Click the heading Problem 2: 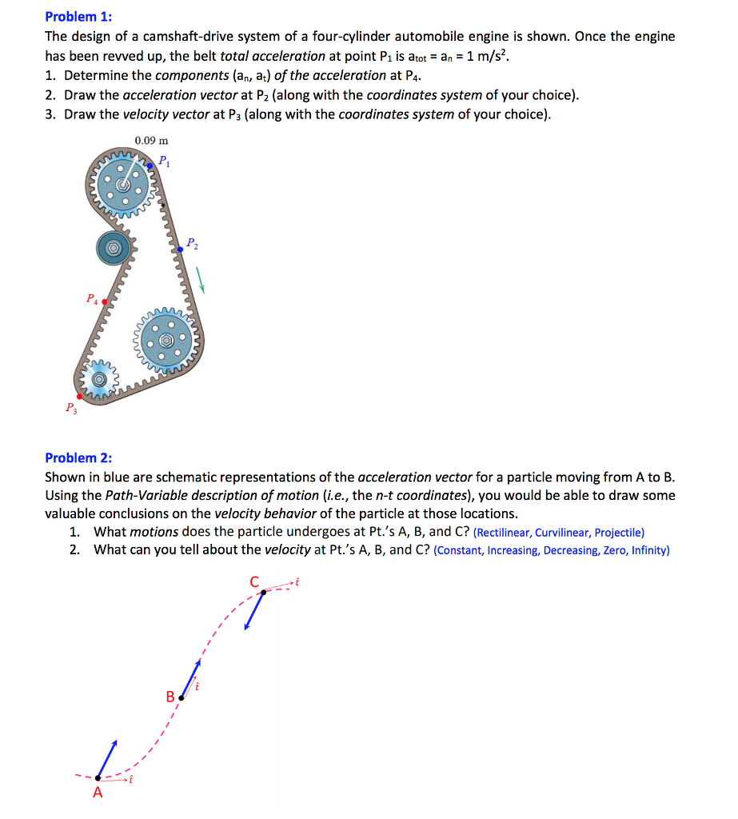78,457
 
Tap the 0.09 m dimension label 151,140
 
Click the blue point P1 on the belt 150,166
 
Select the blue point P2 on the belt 181,250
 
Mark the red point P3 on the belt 78,396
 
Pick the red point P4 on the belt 104,302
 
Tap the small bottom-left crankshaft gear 100,378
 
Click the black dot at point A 98,777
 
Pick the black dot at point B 181,698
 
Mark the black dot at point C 264,593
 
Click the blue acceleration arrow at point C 255,611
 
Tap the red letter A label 98,793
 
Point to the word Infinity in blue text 649,551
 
